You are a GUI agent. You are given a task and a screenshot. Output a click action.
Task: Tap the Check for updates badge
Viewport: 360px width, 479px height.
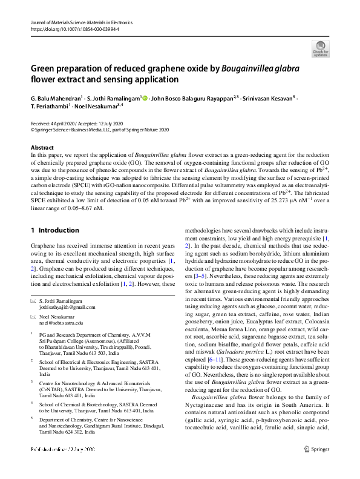(x=320, y=49)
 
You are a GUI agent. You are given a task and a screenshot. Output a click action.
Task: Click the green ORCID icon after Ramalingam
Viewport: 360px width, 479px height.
(x=145, y=97)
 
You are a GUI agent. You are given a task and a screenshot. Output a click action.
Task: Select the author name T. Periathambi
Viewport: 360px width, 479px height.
(x=48, y=105)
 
